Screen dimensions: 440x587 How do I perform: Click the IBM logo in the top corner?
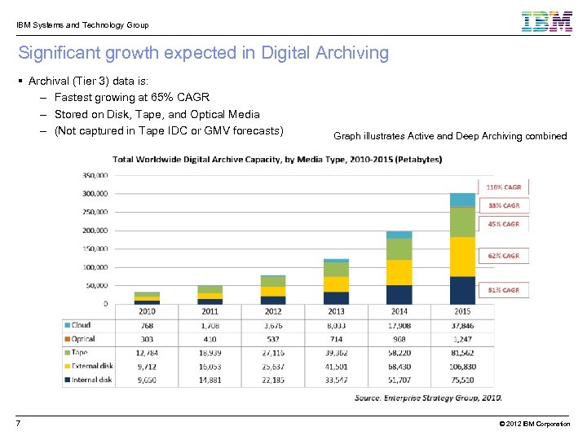546,21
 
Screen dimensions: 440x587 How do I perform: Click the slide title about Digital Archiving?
203,54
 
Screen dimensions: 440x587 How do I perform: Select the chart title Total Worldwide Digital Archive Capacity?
277,159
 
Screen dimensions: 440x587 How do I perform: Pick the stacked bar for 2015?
462,249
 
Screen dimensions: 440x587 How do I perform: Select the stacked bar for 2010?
147,297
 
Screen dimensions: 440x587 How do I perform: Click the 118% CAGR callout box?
505,187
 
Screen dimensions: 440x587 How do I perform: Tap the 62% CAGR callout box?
505,256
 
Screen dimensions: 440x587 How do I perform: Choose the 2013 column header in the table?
336,311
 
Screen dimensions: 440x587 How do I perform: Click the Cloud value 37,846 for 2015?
462,325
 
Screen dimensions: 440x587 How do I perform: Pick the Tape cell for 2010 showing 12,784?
147,353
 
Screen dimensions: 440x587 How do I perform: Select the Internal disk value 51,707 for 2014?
399,380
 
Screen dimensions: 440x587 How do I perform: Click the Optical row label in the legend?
83,339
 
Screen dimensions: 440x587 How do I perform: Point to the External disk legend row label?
91,366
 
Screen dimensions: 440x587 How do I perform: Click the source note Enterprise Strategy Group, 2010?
428,398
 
